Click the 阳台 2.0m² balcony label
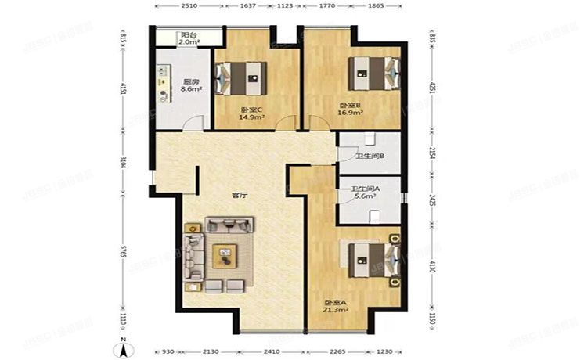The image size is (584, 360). click(188, 39)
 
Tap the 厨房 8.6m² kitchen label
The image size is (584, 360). click(192, 86)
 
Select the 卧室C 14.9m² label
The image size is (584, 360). click(251, 114)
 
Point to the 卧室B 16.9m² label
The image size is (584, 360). click(350, 108)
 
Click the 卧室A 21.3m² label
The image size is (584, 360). click(336, 306)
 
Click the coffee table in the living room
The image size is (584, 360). click(225, 253)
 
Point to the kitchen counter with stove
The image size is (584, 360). click(165, 84)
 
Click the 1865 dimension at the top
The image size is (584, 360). click(376, 6)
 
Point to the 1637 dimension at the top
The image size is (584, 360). click(247, 6)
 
